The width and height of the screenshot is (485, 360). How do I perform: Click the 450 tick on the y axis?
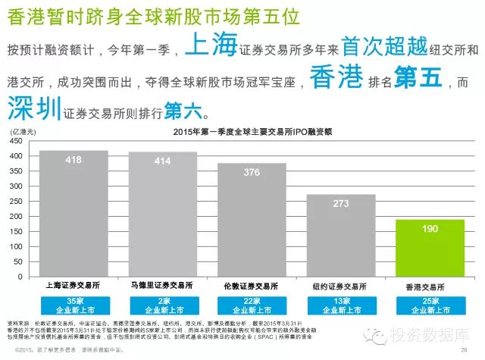tap(17, 140)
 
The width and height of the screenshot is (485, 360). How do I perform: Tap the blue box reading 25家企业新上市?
tap(430, 305)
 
